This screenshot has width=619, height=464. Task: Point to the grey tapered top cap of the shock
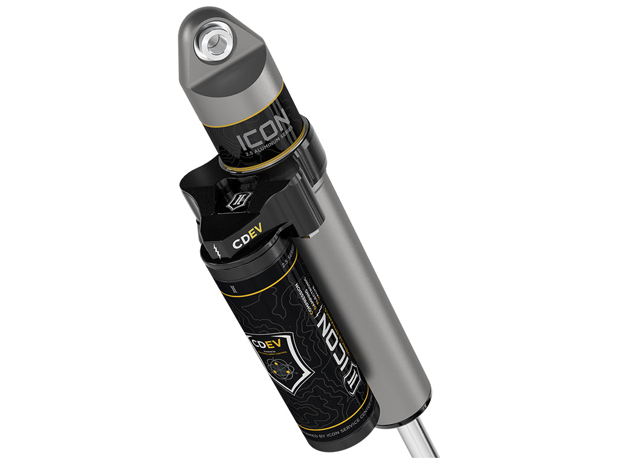218,66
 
